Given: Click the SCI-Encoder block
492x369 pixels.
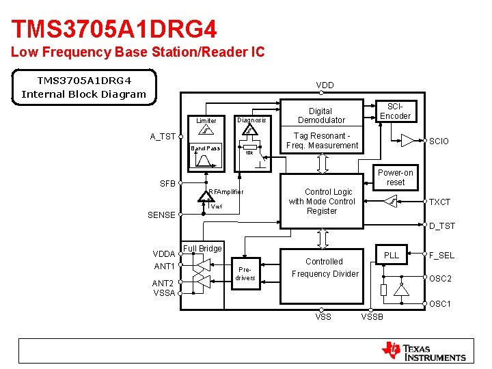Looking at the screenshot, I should (395, 111).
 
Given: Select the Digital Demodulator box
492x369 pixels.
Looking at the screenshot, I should (320, 115).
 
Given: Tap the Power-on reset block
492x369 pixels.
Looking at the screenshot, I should (396, 178).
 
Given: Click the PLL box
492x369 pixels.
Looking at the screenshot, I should (391, 256).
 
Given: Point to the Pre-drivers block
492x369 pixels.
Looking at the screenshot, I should (245, 273).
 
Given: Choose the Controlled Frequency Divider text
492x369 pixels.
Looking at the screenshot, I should (325, 267).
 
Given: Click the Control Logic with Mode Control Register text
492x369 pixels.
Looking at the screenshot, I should (322, 202).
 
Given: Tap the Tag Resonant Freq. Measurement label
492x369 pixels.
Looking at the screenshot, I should (322, 140).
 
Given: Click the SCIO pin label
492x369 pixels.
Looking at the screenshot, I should (439, 141).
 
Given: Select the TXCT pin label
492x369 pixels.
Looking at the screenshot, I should (439, 202).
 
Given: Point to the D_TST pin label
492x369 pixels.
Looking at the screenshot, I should (441, 225).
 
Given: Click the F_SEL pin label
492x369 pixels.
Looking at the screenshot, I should (441, 256).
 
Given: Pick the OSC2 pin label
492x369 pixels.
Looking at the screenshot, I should (440, 279).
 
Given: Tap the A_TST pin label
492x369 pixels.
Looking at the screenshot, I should (163, 137).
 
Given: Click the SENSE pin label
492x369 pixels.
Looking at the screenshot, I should (161, 215).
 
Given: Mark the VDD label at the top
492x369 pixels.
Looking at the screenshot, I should (325, 85).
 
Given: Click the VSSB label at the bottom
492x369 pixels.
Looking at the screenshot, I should (372, 316).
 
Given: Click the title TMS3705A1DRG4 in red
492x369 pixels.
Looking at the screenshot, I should (114, 29).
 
